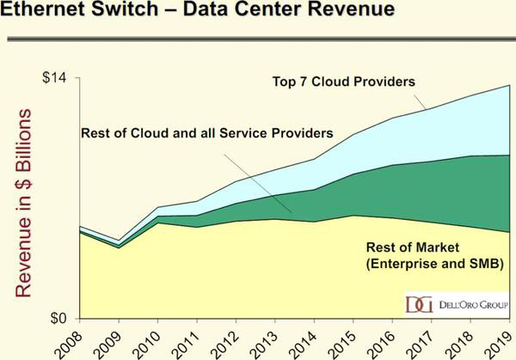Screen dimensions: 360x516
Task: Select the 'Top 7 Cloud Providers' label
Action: (343, 82)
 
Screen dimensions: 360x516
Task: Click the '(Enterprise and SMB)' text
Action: (434, 262)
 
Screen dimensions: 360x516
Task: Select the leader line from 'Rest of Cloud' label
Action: (258, 179)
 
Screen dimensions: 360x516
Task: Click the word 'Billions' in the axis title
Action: (23, 155)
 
